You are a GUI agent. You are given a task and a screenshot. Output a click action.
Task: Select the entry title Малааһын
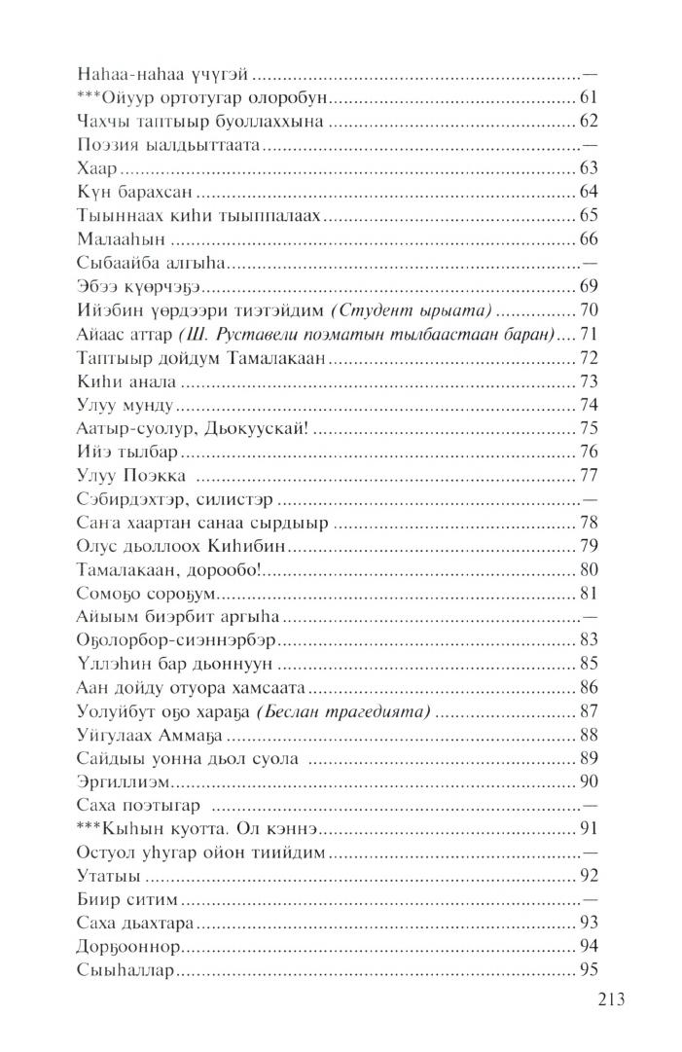coord(110,238)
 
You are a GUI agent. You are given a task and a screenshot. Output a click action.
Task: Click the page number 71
coord(588,334)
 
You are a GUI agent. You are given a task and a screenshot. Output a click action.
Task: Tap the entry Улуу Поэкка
coord(130,476)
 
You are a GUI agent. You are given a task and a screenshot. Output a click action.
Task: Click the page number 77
coord(588,476)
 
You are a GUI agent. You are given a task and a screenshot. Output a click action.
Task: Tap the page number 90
coord(588,782)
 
